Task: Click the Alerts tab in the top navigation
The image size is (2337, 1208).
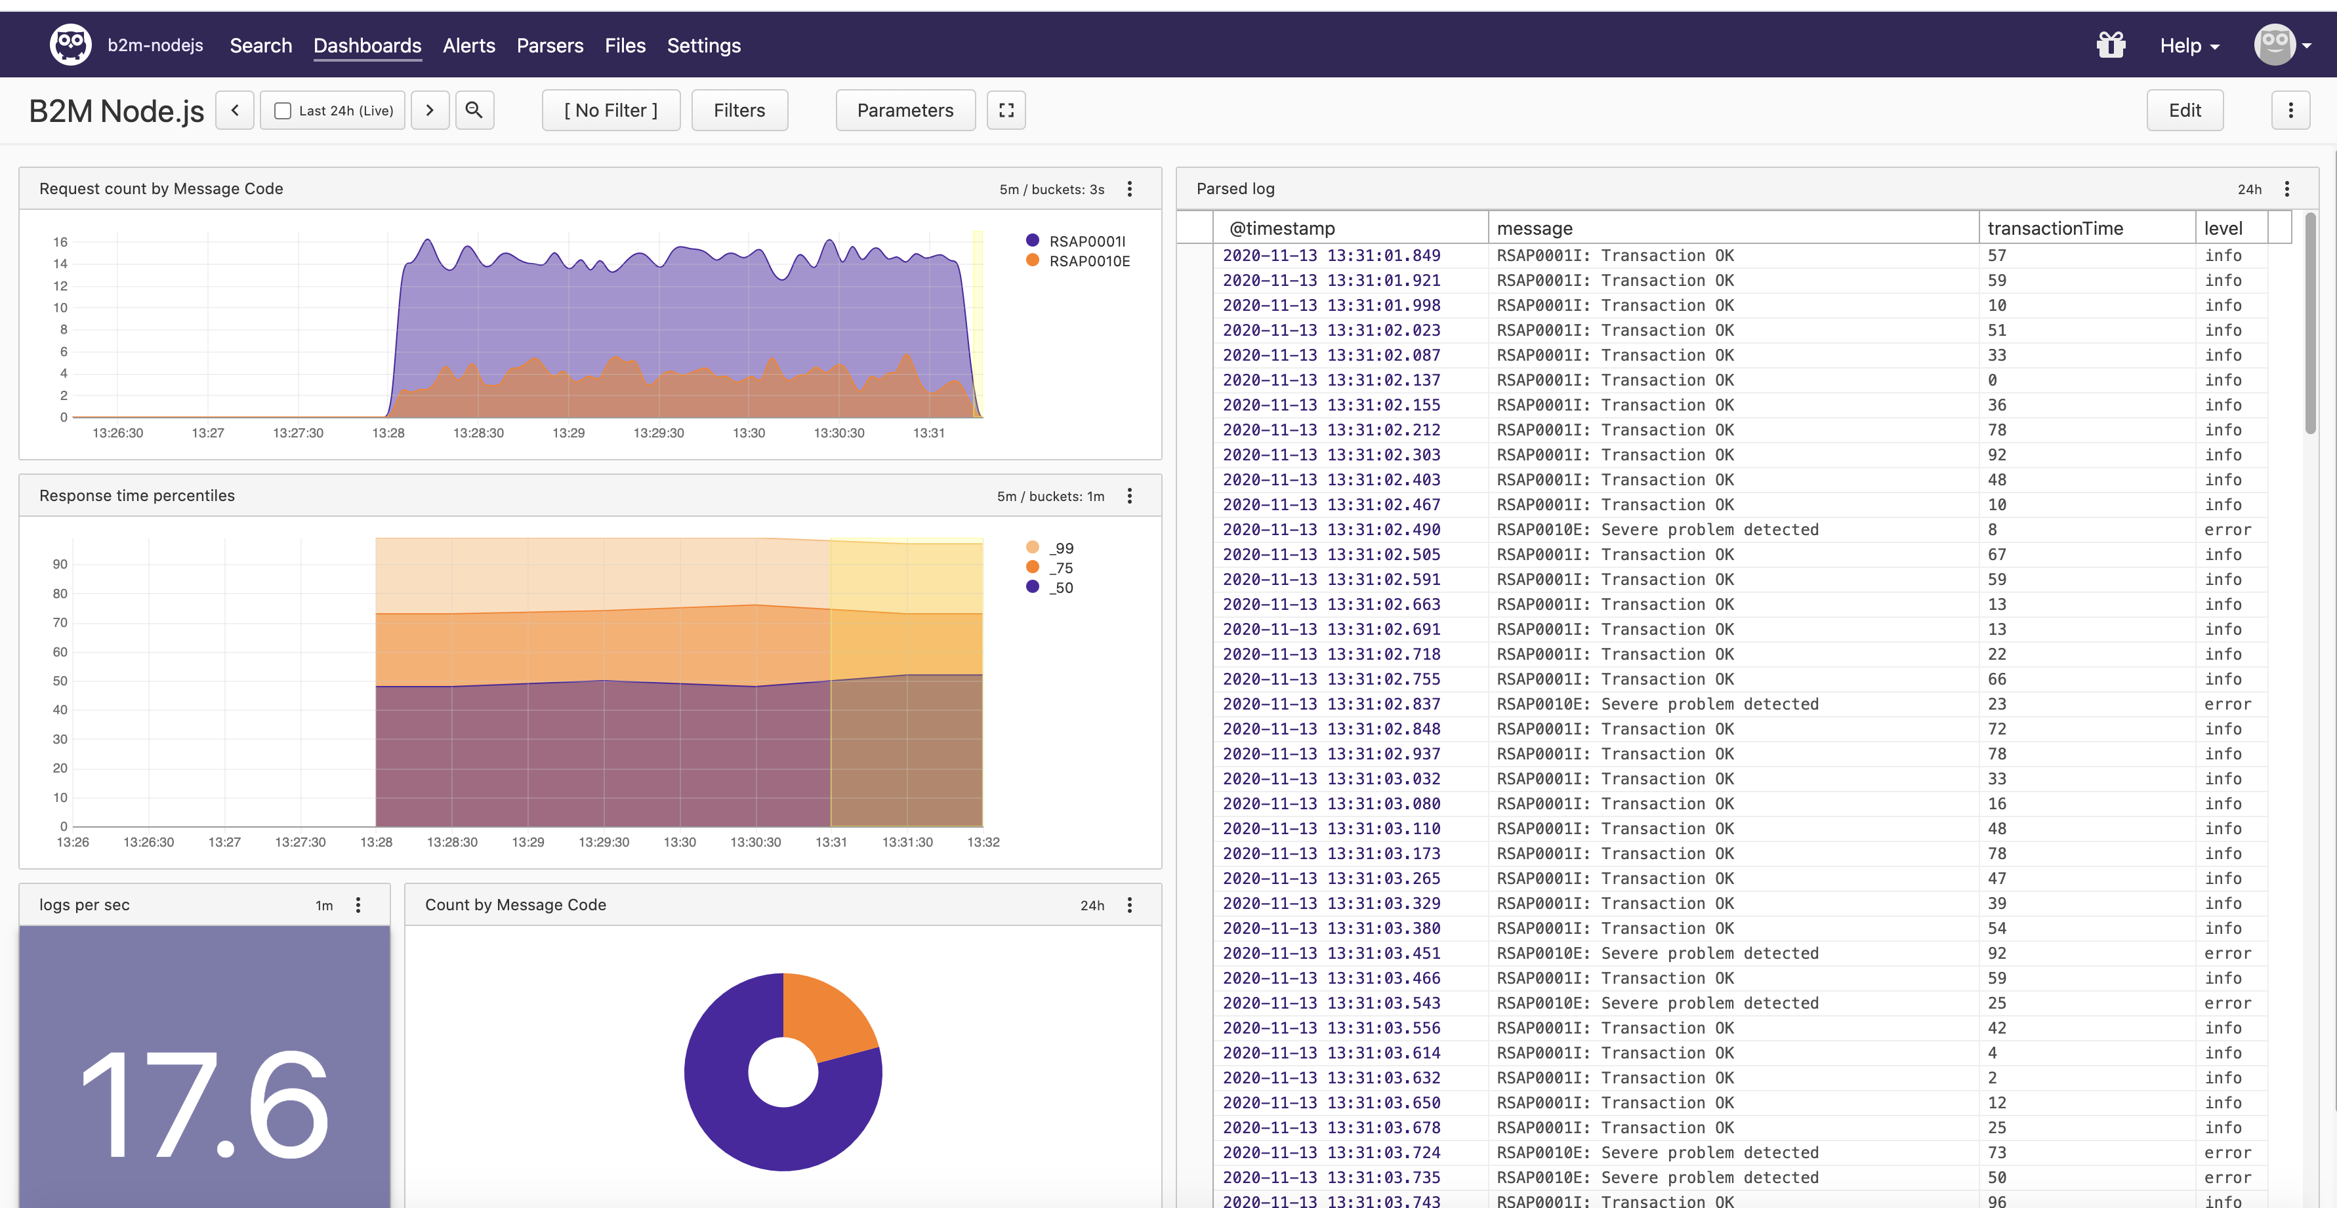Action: (468, 45)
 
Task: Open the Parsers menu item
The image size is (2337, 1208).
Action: (550, 45)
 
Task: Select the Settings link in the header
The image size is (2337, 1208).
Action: (703, 45)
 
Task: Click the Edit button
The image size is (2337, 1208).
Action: (2185, 110)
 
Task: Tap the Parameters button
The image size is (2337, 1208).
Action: (905, 110)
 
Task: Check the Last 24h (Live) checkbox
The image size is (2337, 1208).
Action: (283, 111)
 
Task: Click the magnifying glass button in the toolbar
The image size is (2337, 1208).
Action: (474, 110)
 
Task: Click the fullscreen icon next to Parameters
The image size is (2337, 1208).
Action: (1006, 110)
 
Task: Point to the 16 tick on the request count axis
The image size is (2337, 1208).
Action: (60, 242)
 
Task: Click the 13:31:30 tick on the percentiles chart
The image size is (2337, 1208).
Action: (907, 841)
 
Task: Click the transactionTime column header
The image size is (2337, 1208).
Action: (2055, 228)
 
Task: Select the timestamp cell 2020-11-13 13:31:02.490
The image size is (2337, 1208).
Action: (1331, 530)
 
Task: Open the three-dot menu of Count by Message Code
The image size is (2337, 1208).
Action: (1130, 905)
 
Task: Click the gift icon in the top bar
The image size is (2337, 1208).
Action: (2111, 45)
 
